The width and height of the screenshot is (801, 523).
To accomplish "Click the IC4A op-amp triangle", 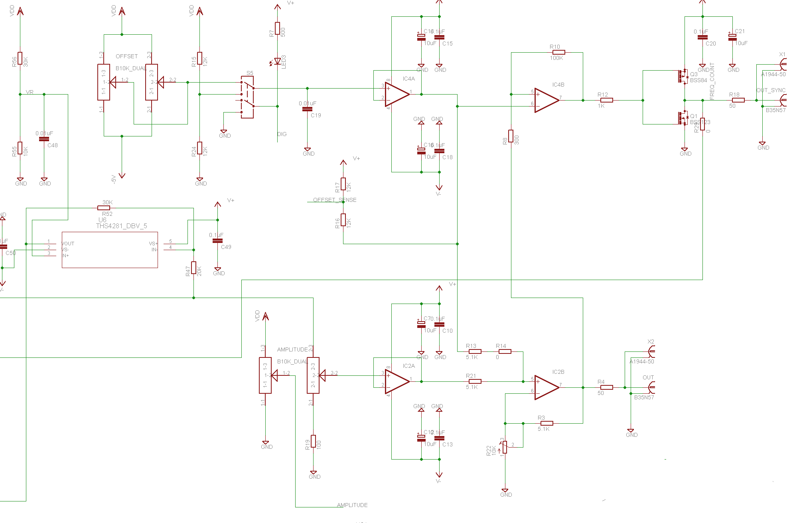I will [x=396, y=95].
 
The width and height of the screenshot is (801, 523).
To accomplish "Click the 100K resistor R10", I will [x=558, y=52].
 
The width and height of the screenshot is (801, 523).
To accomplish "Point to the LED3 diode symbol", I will [x=277, y=61].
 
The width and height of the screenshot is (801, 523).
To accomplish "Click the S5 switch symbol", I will [x=247, y=97].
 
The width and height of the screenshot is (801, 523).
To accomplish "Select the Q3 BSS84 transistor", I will [x=683, y=76].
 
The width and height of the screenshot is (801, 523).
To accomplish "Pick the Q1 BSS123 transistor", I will [x=683, y=118].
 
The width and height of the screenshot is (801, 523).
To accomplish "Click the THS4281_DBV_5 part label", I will [x=121, y=226].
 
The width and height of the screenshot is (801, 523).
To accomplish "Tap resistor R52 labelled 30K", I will [x=104, y=208].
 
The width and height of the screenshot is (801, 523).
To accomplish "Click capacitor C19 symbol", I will [x=307, y=109].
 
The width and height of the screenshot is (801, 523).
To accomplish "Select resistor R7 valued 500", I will [x=277, y=29].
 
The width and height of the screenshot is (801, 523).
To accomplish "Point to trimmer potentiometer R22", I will [x=505, y=447].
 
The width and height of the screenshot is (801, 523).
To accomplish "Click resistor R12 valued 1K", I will [x=606, y=100].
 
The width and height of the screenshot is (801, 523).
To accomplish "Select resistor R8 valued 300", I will [x=511, y=136].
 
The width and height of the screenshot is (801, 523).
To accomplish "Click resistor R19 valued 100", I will [x=314, y=441].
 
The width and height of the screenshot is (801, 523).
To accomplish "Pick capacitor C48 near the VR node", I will [x=44, y=139].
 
